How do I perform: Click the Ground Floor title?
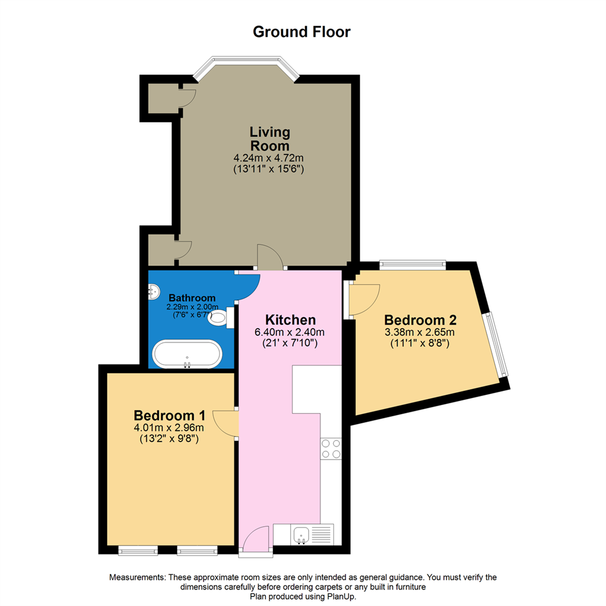tap(302, 32)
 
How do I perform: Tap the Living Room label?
tap(270, 138)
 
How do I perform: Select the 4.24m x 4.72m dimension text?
tap(270, 158)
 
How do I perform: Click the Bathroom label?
tap(192, 297)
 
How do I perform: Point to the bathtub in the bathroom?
tap(187, 354)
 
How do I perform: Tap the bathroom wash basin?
tap(153, 291)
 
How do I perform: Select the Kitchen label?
tap(290, 320)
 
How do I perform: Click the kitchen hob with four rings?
tap(330, 448)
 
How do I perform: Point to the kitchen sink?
tap(302, 534)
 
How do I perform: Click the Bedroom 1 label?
tap(169, 416)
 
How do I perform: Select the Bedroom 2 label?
tap(420, 320)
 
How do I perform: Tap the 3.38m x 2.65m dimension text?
tap(420, 333)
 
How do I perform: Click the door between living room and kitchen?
tap(270, 258)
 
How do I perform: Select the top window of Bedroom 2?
tap(412, 264)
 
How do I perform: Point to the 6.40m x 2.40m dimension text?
tap(290, 333)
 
